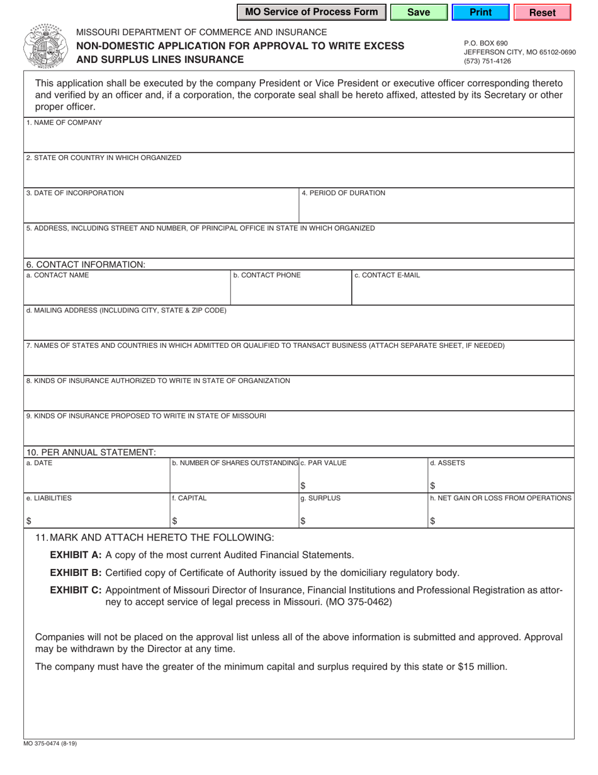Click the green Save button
point(418,12)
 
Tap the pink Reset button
point(542,12)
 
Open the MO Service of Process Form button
point(312,12)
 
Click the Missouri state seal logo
point(44,47)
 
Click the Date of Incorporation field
point(161,209)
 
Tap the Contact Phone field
point(289,290)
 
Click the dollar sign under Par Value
point(303,486)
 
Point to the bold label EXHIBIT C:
point(76,590)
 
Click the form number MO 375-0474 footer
point(50,743)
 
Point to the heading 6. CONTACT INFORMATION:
point(86,265)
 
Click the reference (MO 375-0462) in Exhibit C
point(358,602)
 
